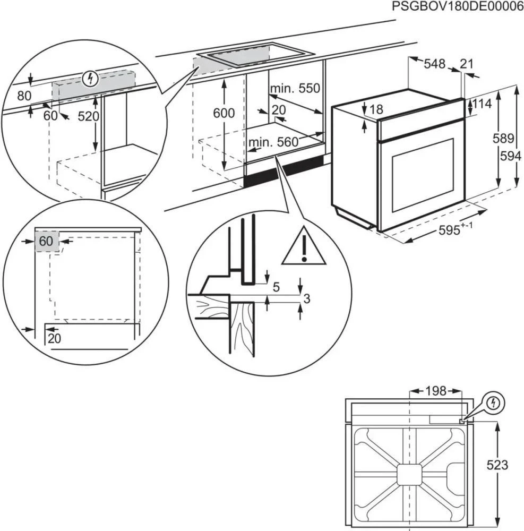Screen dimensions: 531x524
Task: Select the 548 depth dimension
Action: click(434, 64)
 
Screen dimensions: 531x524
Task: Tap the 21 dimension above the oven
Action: click(466, 64)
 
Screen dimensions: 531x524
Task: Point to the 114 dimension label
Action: click(482, 104)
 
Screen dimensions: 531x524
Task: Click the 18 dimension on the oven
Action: click(376, 109)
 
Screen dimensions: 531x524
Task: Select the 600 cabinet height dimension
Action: click(224, 113)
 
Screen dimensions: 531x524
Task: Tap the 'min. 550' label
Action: click(295, 88)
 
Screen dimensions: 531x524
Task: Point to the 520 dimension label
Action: click(88, 116)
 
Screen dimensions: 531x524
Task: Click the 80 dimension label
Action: click(24, 96)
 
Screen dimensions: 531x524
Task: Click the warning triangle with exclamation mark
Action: click(303, 247)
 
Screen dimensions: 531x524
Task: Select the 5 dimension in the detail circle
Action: click(276, 287)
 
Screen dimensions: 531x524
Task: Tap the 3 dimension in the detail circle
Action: click(306, 298)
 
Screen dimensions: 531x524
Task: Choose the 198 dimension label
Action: click(436, 392)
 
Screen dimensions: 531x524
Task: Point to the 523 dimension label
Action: click(497, 465)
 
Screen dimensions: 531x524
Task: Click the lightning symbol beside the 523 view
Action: click(494, 403)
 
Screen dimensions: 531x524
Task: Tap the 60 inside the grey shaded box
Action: click(46, 241)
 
